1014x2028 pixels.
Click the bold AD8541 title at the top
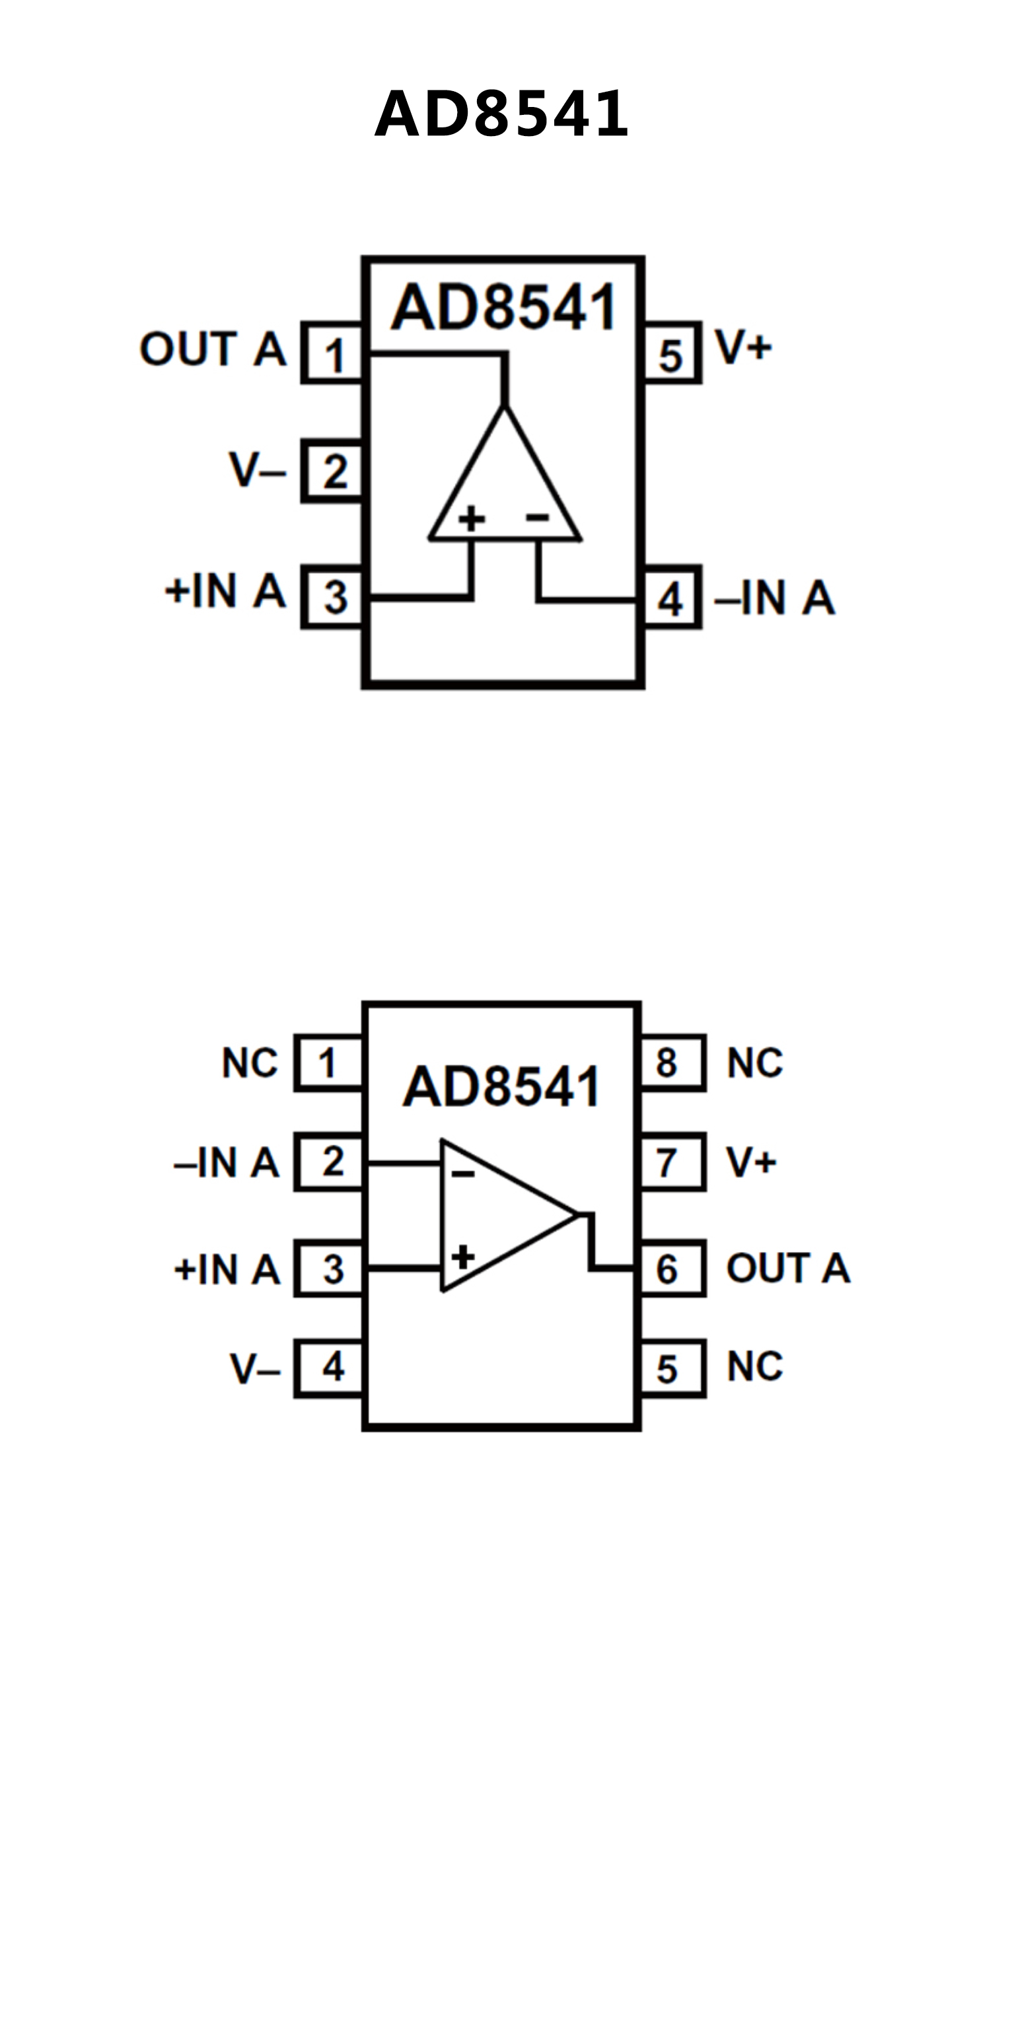point(501,114)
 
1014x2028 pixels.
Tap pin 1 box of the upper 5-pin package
point(333,353)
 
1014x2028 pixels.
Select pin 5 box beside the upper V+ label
point(670,353)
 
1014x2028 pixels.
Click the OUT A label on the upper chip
point(213,349)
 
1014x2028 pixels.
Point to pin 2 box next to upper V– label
point(333,472)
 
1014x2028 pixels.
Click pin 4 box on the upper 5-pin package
point(670,598)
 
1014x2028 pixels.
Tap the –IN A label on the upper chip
point(775,598)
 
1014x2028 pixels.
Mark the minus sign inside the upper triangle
point(538,517)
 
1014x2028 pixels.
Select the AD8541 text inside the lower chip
point(501,1087)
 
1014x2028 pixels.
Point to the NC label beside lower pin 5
point(755,1368)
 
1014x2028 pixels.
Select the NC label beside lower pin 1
point(250,1063)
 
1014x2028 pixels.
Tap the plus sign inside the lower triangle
point(463,1257)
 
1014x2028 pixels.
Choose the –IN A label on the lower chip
point(227,1163)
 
